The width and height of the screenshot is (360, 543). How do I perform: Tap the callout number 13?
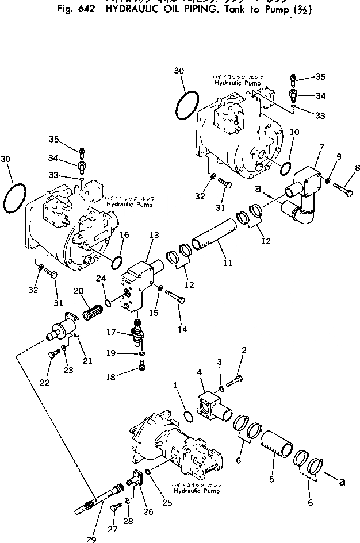(x=154, y=236)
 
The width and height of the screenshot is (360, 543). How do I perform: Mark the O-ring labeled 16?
(x=117, y=262)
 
